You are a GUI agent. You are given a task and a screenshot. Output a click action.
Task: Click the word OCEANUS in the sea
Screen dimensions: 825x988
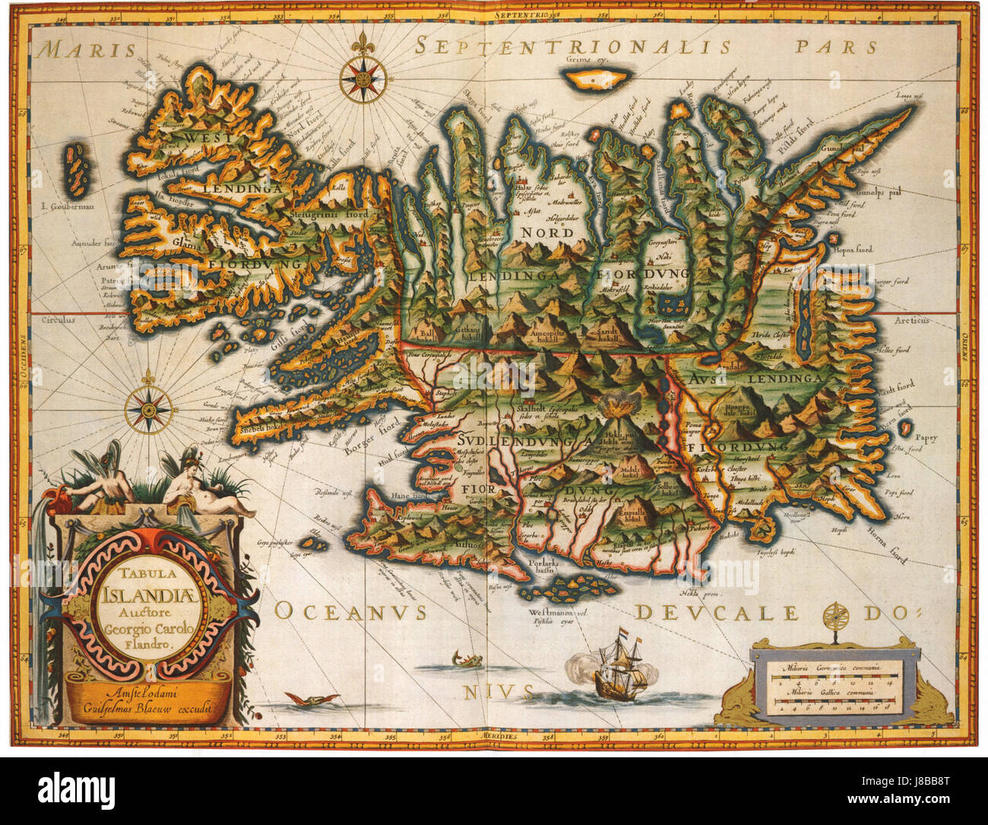click(x=350, y=612)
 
